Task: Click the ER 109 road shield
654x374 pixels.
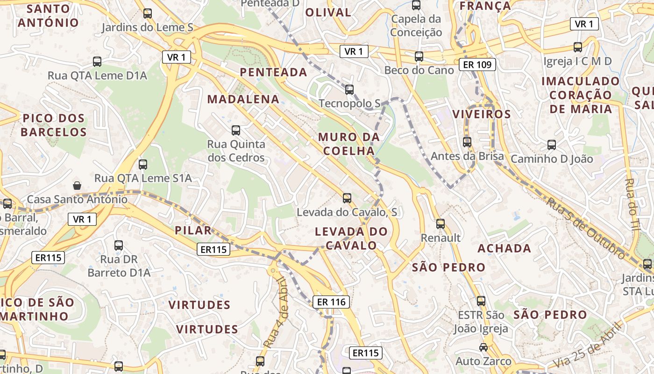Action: [x=477, y=65]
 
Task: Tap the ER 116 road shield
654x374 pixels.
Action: [x=331, y=302]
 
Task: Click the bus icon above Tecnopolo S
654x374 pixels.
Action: [x=349, y=90]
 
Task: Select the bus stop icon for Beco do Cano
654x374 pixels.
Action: [x=419, y=57]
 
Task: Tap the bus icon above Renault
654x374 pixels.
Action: [x=441, y=224]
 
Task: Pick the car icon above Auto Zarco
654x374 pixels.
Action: [x=483, y=347]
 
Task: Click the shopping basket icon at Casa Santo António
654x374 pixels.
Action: [x=77, y=186]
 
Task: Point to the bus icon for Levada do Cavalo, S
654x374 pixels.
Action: [x=347, y=198]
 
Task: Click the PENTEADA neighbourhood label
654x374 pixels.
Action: [x=273, y=72]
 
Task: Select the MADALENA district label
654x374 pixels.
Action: [x=243, y=99]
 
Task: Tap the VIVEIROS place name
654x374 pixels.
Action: [x=482, y=114]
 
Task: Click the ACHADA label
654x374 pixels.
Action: [x=505, y=248]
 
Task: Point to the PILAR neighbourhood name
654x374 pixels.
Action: [x=193, y=230]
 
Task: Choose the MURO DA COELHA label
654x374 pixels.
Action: [x=348, y=144]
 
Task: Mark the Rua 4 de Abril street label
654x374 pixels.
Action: [x=275, y=312]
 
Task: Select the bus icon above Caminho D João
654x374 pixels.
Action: [x=552, y=145]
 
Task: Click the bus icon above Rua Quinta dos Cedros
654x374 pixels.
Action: [x=236, y=130]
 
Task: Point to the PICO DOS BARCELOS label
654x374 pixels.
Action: [x=53, y=125]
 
